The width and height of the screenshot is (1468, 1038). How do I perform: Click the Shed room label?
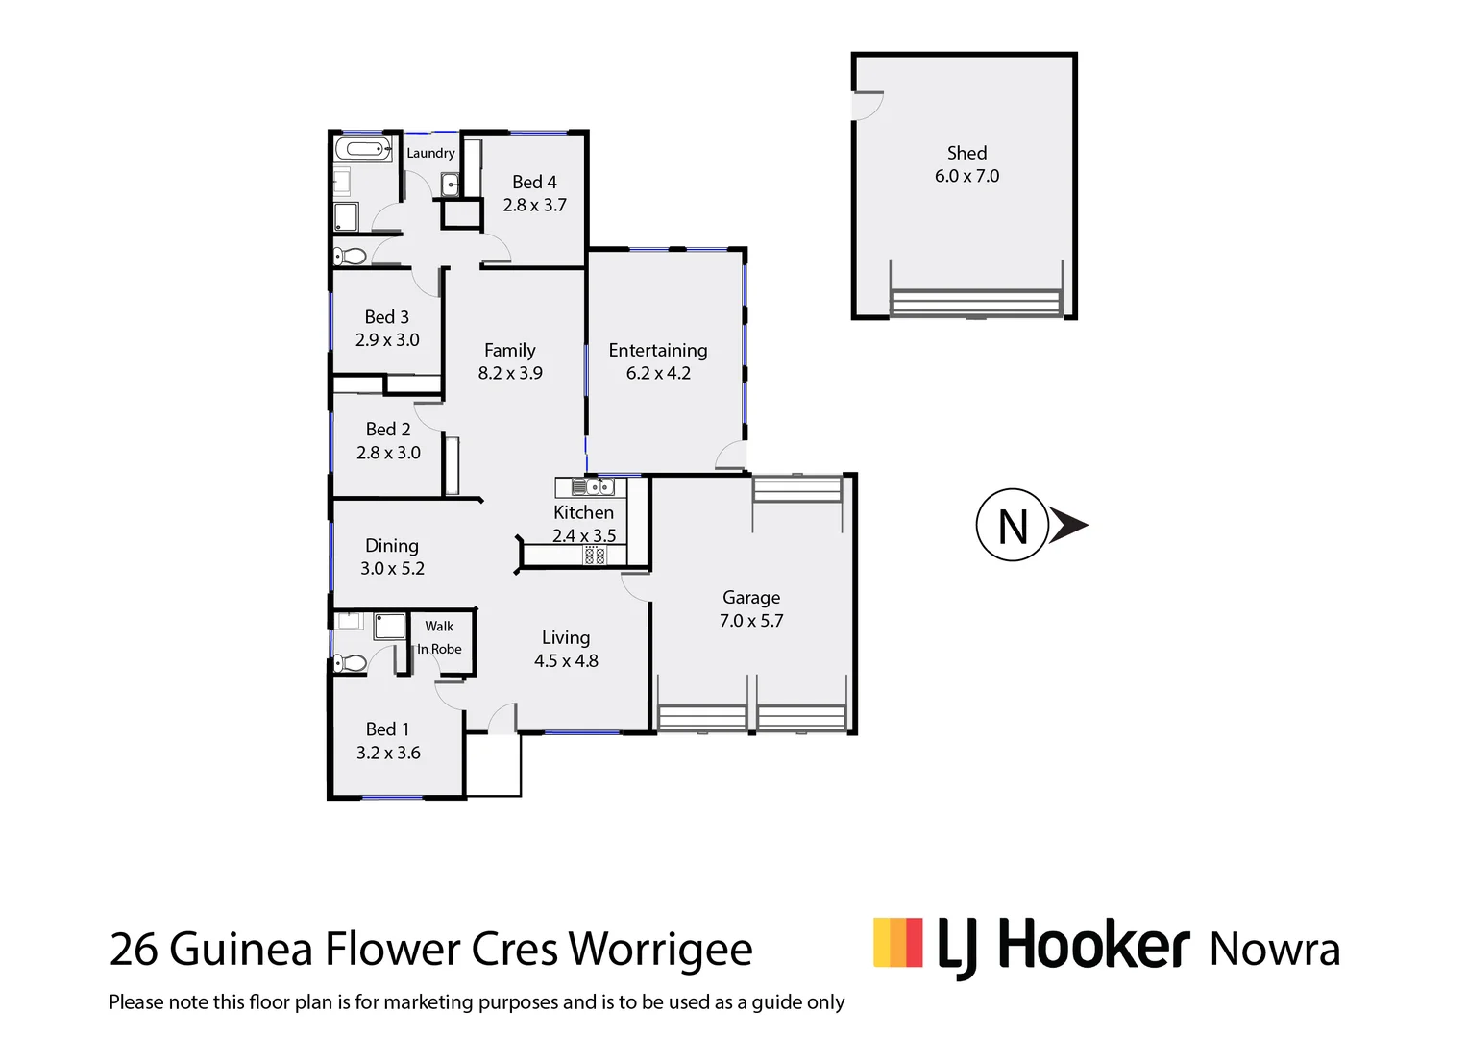[966, 153]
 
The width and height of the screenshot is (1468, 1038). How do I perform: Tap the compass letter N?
[1013, 527]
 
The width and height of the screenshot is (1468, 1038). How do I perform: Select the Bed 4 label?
[534, 182]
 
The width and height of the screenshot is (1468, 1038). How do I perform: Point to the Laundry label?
[430, 153]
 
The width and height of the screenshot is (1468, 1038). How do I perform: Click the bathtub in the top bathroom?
[362, 149]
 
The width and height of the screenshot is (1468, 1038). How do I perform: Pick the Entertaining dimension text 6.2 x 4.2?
[658, 373]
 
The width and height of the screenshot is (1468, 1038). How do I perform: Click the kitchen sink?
[581, 486]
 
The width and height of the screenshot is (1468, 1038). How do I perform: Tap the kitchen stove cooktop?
[595, 555]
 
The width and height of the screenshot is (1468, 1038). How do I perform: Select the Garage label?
[751, 598]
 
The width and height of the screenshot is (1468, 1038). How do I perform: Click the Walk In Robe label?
[439, 637]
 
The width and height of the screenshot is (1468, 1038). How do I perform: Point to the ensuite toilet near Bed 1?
[350, 662]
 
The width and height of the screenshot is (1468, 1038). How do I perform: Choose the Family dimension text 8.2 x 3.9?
[510, 373]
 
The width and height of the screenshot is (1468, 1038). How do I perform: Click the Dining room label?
[392, 546]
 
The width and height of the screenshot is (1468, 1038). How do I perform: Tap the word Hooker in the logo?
[1093, 946]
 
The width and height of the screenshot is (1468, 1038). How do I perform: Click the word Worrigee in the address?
[661, 950]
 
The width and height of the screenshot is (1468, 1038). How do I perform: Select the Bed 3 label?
[387, 317]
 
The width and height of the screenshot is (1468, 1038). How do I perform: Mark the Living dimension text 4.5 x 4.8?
[566, 661]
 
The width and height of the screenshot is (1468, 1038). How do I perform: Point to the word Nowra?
[1275, 950]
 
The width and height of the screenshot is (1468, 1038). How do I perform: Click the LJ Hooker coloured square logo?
[897, 943]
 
